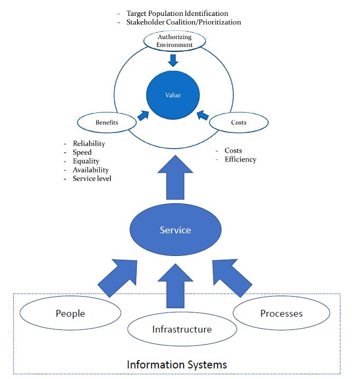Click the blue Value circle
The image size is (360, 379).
173,95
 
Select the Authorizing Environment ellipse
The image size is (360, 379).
174,41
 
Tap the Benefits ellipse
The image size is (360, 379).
107,122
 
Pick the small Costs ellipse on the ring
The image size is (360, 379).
239,122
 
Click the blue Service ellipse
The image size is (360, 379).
175,230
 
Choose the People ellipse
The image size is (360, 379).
70,314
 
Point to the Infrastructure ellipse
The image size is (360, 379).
182,329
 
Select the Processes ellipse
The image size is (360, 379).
281,313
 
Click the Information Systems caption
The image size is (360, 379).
177,364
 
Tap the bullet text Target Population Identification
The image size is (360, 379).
177,13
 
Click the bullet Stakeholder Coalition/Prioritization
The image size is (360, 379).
183,22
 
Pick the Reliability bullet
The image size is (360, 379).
89,144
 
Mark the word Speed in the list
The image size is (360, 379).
82,153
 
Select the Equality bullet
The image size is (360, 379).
86,161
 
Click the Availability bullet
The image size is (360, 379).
91,170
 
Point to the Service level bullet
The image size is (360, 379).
92,178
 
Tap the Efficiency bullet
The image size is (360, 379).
240,159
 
